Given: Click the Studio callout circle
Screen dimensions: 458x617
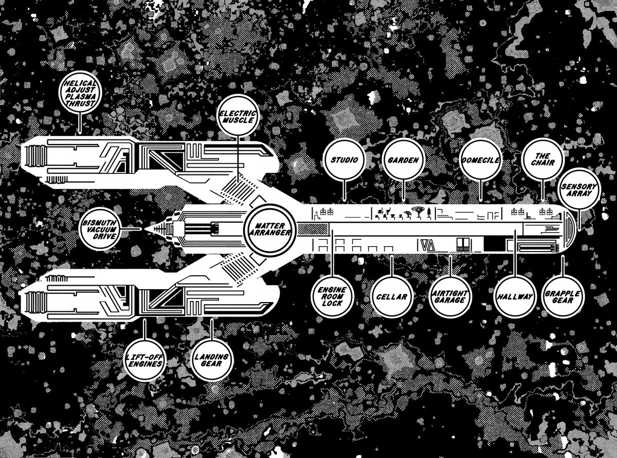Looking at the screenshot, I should [x=344, y=160].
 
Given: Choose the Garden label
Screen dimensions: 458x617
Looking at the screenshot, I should [x=403, y=160].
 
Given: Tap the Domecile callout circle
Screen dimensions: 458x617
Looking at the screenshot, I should [x=481, y=160].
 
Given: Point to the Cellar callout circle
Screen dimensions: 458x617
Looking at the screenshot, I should [x=391, y=297].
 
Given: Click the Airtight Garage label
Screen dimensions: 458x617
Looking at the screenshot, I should [x=450, y=297].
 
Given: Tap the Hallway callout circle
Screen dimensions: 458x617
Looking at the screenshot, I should [x=515, y=297].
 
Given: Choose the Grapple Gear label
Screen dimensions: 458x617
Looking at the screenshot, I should [x=564, y=297].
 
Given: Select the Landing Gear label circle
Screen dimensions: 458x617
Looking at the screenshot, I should [x=211, y=359].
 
